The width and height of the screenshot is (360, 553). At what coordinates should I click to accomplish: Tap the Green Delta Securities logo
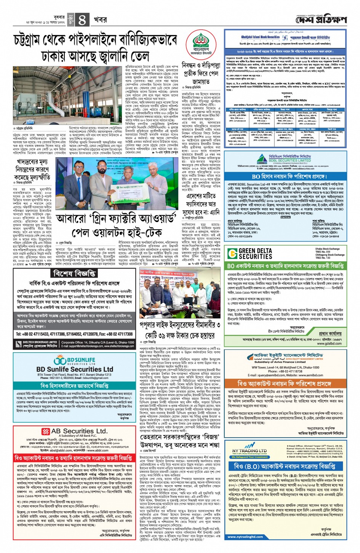(251, 254)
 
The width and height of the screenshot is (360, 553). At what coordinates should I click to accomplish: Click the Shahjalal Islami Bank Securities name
(261, 37)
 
